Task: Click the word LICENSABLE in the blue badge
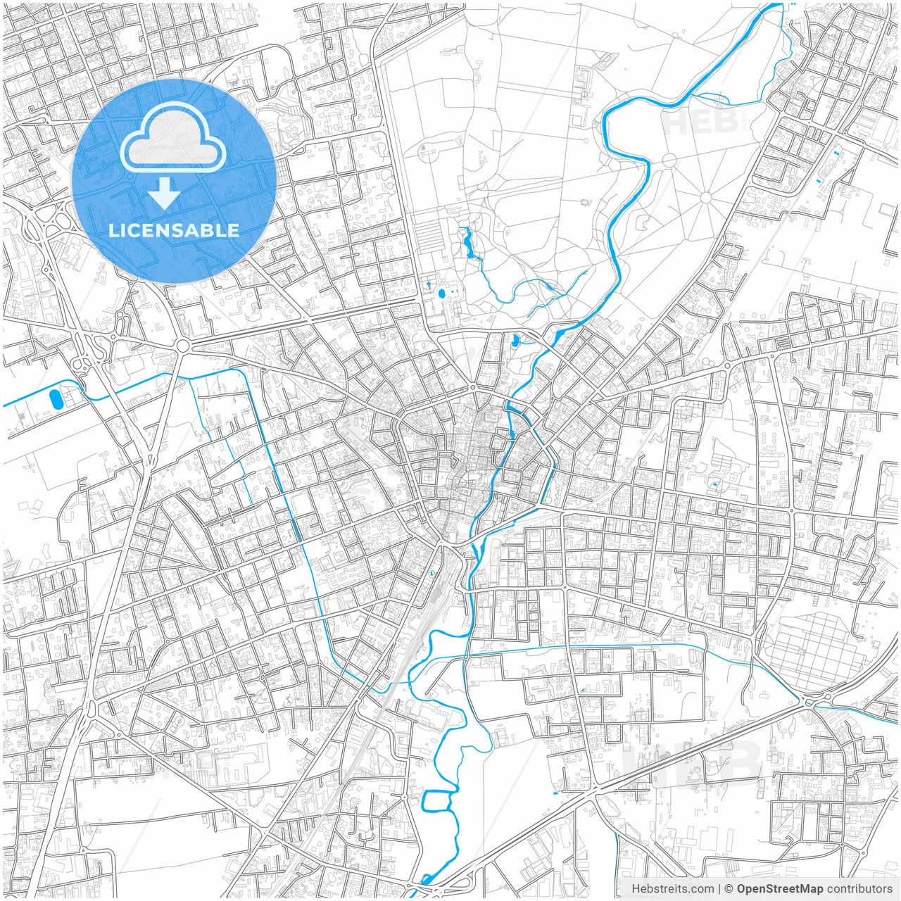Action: [x=173, y=231]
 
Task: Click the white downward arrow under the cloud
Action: [x=164, y=194]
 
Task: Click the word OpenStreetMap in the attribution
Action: [x=780, y=889]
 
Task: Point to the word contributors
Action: [x=859, y=889]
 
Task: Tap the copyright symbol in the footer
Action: [x=729, y=889]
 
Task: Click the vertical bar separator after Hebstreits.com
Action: [x=719, y=889]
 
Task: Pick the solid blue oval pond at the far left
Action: [x=56, y=399]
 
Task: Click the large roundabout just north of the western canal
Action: [x=184, y=346]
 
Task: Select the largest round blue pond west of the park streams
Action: [x=441, y=293]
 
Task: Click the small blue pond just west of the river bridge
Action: [x=516, y=342]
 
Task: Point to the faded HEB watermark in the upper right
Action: [x=697, y=121]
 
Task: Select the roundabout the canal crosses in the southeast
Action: [x=807, y=700]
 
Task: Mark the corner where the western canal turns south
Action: [x=246, y=371]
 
